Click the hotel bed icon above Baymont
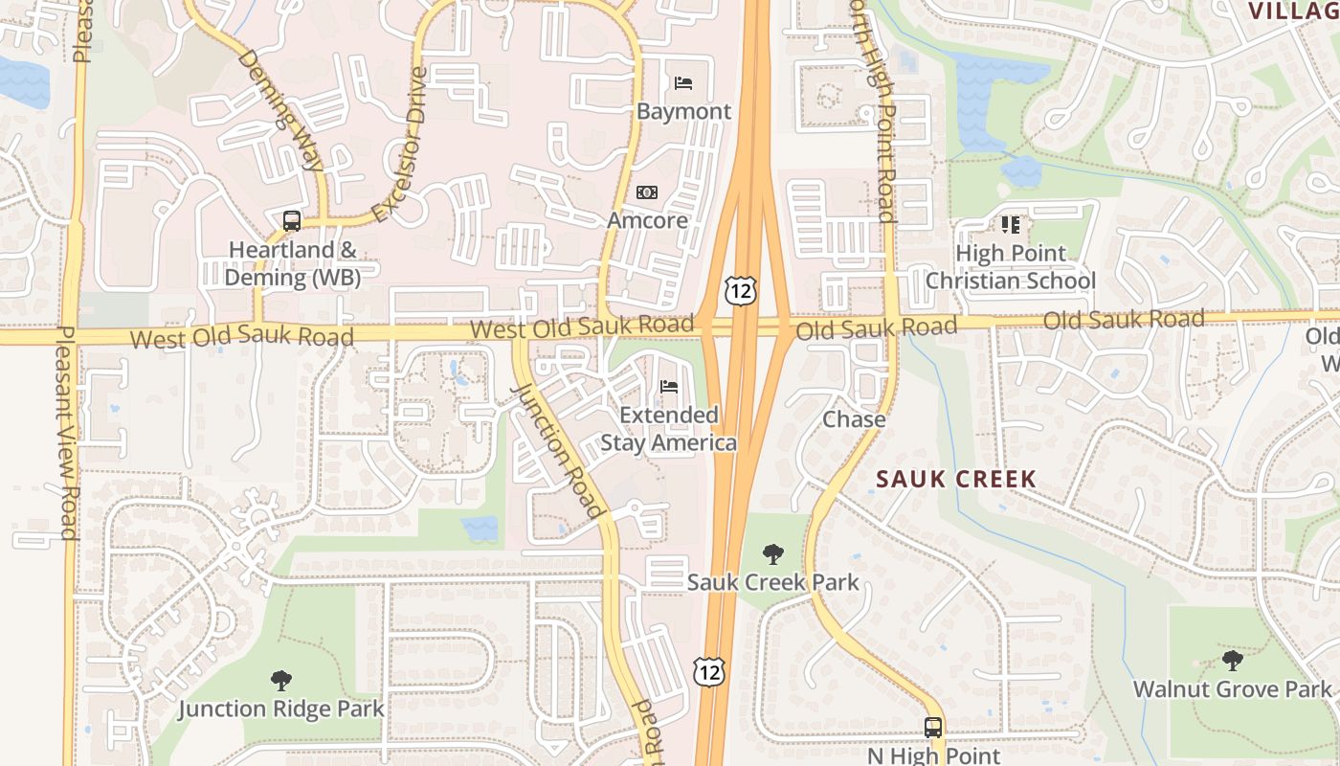tap(683, 83)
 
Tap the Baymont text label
tap(683, 111)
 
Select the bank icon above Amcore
tap(647, 192)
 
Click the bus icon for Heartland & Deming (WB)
tap(292, 221)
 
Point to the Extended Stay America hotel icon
tap(669, 387)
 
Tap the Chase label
tap(854, 419)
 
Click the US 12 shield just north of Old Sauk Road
tap(740, 290)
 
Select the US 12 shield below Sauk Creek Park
tap(709, 671)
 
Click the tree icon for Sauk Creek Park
tap(772, 554)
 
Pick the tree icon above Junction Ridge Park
tap(280, 681)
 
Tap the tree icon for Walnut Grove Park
tap(1232, 661)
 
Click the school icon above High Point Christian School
tap(1010, 225)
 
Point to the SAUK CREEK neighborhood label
tap(956, 479)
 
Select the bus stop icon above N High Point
tap(933, 727)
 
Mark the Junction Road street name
tap(560, 450)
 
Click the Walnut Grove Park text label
tap(1232, 689)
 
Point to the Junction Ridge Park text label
tap(281, 710)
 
